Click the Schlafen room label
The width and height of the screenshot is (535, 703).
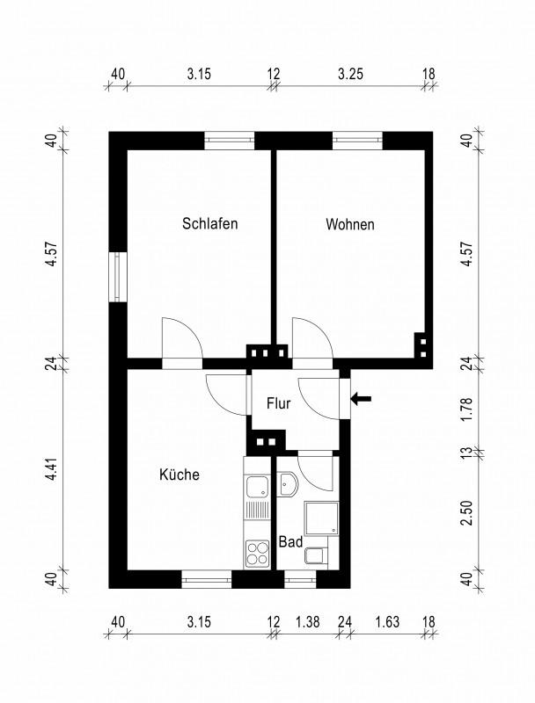click(210, 224)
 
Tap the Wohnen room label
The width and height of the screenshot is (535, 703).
click(349, 225)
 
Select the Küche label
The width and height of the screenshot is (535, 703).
click(179, 475)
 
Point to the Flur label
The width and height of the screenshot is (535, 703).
click(279, 405)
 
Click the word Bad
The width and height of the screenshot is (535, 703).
click(290, 542)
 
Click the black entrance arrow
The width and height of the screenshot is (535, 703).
click(361, 400)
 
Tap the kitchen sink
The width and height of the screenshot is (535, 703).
click(258, 487)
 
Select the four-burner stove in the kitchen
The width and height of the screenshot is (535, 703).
click(258, 553)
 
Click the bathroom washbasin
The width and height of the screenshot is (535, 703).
click(288, 485)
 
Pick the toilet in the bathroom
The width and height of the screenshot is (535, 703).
click(315, 554)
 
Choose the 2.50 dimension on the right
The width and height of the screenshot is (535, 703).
click(469, 513)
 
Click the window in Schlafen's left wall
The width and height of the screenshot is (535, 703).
click(117, 278)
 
